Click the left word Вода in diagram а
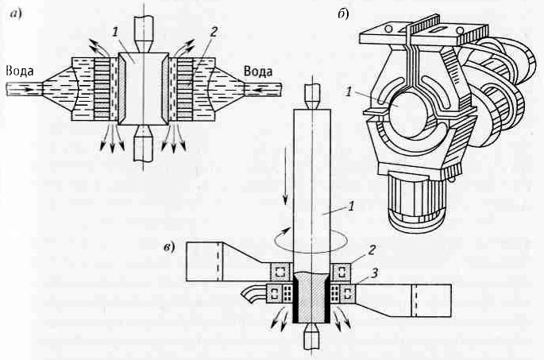tap(20, 72)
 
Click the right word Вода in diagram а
tap(258, 72)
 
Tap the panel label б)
tap(343, 14)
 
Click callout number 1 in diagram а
tap(115, 33)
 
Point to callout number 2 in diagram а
tap(214, 32)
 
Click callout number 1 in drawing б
tap(349, 92)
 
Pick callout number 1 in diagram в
tap(351, 207)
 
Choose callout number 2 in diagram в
tap(372, 250)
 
